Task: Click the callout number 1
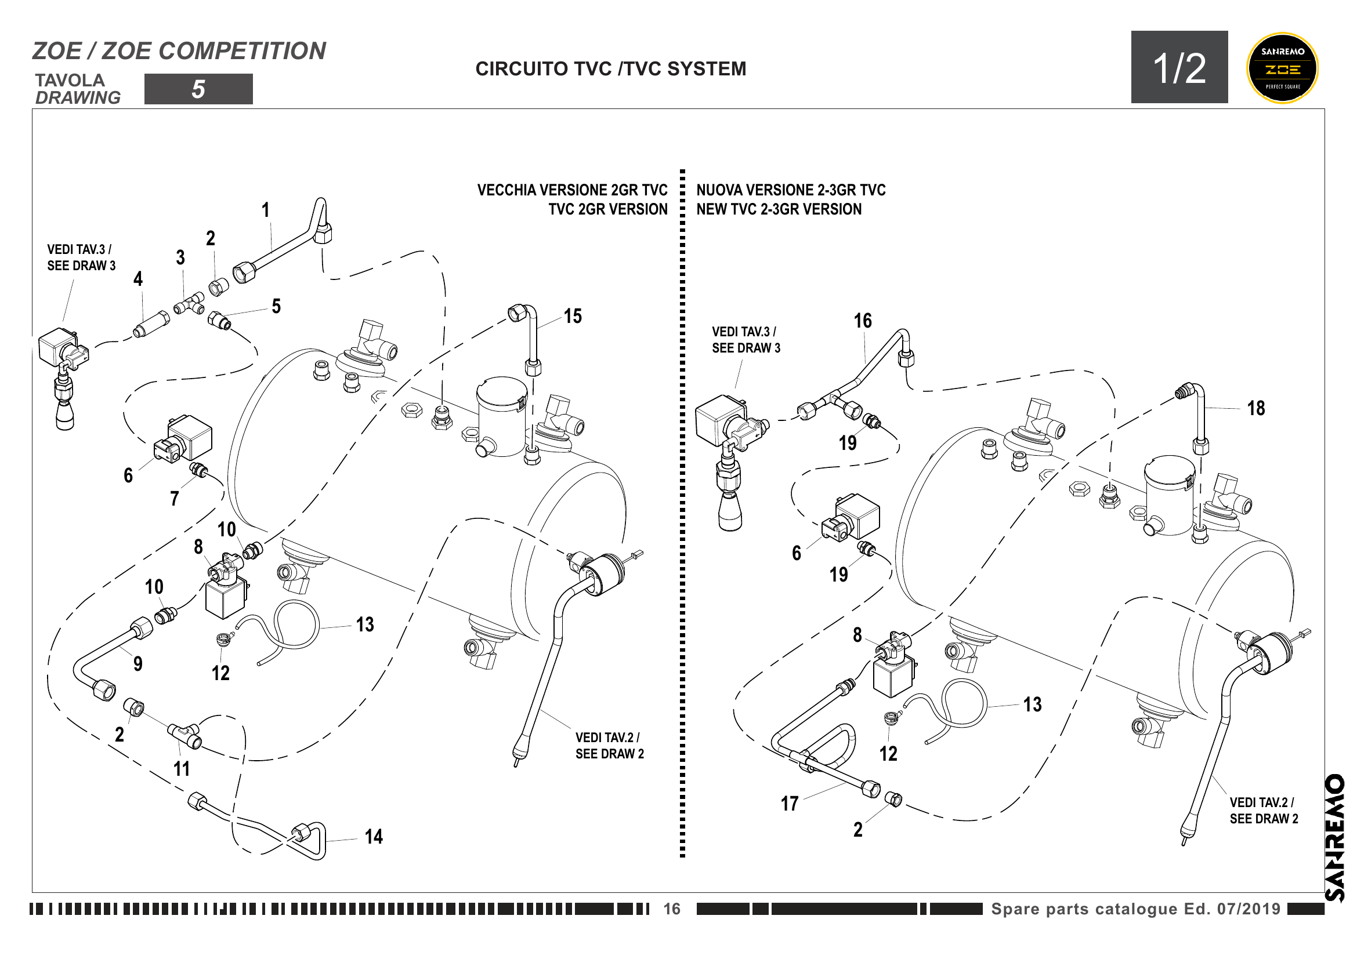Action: coord(266,210)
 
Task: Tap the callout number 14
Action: coord(374,837)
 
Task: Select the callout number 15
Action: coord(572,317)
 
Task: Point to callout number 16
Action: coord(862,321)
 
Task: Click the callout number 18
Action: coord(1256,409)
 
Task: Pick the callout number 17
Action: coord(789,804)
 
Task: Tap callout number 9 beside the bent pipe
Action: coord(137,664)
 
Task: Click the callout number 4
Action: coord(137,279)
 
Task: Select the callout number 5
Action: coord(276,307)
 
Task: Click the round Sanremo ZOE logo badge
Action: coord(1282,68)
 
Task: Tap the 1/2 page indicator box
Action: coord(1179,67)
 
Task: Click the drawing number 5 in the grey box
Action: coord(198,89)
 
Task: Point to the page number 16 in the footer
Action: coord(671,909)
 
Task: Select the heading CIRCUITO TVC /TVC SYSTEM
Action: coord(610,69)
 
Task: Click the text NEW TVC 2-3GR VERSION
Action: coord(779,210)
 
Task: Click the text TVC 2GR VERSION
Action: coord(607,210)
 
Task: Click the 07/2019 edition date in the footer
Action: coord(1249,909)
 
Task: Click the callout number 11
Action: coord(182,769)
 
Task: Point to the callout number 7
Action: coord(175,499)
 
